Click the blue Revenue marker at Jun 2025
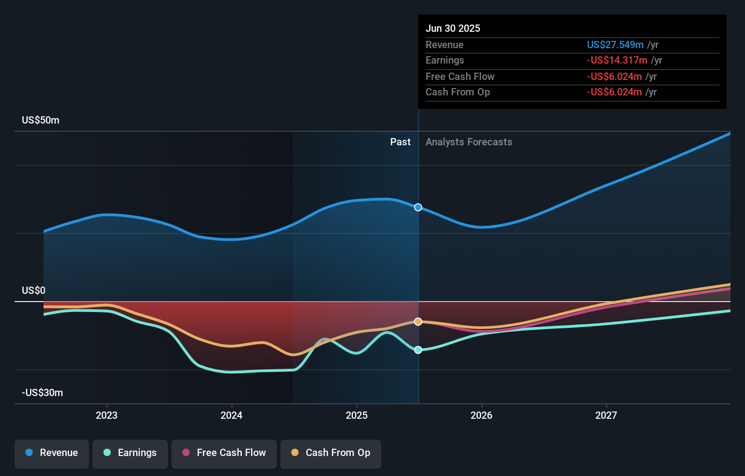418,207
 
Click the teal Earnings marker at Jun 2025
418,350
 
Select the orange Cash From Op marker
418,322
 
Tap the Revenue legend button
52,453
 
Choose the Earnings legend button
130,453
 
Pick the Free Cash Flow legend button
224,453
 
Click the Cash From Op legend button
331,453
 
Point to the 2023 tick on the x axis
107,415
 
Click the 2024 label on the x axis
231,415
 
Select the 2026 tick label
481,415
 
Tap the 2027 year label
606,415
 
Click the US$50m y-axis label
40,120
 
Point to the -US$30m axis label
42,392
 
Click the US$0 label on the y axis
34,290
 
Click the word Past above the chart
400,142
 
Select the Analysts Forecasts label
469,142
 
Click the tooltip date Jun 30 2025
452,28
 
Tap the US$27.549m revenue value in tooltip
615,45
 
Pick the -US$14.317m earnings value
617,60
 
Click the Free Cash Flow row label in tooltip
460,76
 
